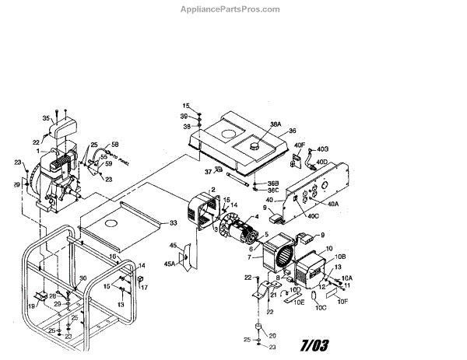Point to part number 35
tap(46, 118)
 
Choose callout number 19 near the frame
tap(32, 306)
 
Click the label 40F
tap(300, 145)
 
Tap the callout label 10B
tap(339, 257)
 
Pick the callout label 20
tap(272, 335)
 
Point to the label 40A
tap(333, 204)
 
